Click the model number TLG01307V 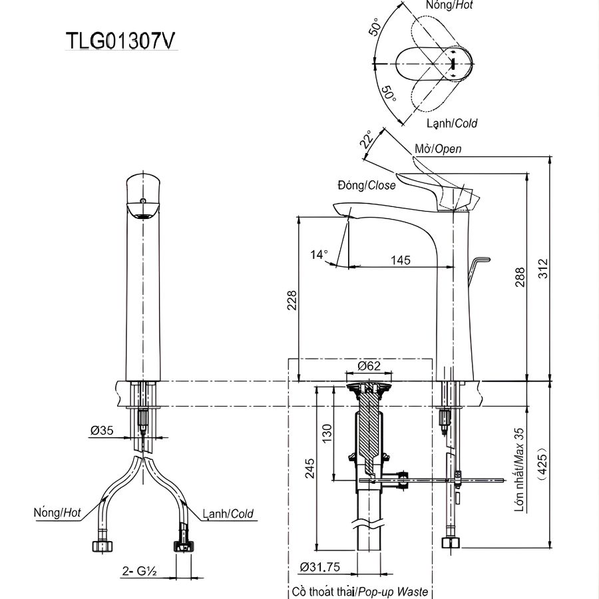coord(121,41)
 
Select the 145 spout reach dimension coord(400,260)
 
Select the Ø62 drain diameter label coord(369,365)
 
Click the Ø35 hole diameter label coord(102,431)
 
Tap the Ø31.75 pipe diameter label coord(321,567)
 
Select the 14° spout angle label coord(319,254)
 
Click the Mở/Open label coord(437,149)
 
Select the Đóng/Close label coord(365,186)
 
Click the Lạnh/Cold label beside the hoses coord(228,513)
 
